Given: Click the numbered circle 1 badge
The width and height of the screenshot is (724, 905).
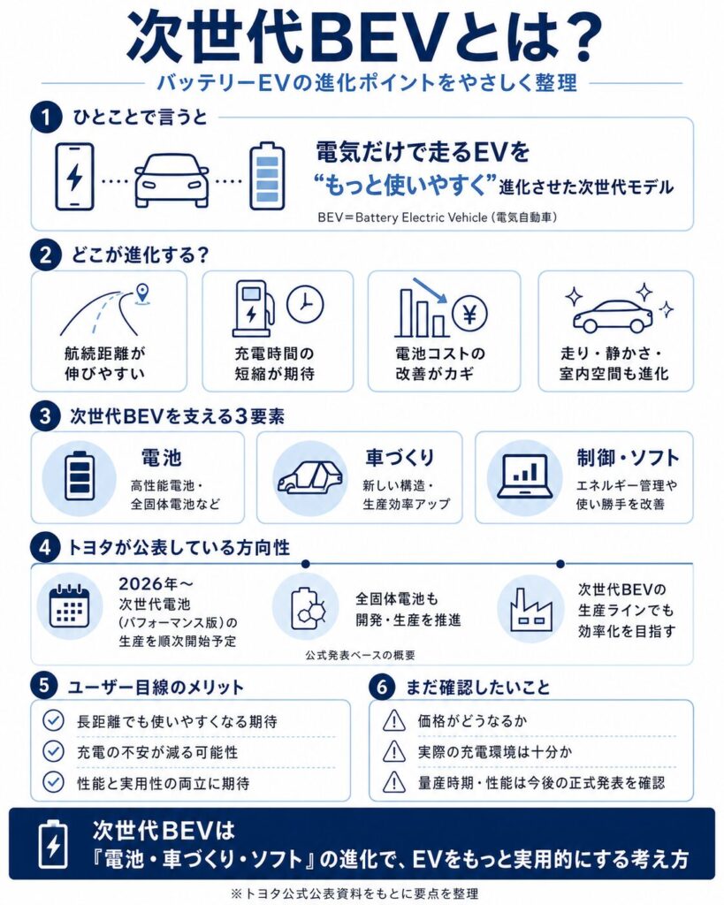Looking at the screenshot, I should point(44,117).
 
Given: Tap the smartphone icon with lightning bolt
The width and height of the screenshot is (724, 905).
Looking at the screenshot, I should point(74,176).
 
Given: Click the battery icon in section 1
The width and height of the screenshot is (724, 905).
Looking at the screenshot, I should point(266,176).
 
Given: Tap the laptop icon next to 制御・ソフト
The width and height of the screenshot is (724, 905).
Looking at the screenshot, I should point(525,478).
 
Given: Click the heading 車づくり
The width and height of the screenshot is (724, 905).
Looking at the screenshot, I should point(400,457).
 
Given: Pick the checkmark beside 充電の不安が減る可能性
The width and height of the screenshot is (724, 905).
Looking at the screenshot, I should point(54,751).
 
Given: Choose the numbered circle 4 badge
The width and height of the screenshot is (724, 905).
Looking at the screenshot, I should point(44,548).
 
